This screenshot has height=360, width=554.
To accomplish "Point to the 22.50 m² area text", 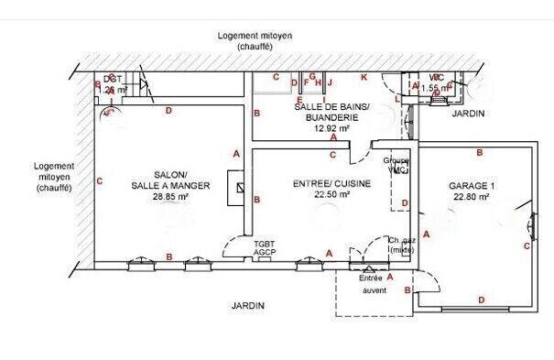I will point(331,194).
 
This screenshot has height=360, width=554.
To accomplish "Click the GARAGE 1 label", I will point(469,185).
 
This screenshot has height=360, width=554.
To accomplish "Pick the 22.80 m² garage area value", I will point(469,196).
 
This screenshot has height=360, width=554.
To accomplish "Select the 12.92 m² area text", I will point(331,129).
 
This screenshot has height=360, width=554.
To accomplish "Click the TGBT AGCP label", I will point(266,248).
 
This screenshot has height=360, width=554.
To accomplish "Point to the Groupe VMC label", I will point(396,165).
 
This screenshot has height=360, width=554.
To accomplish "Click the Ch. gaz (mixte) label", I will point(401,245).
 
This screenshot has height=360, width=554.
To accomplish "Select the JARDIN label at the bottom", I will point(247,306).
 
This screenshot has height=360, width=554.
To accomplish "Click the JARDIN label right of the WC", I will point(468,114).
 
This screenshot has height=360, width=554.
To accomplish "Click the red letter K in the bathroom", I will point(364,77).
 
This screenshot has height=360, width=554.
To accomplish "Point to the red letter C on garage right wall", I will point(527,245).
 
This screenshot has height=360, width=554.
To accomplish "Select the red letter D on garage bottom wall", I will point(480,300).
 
